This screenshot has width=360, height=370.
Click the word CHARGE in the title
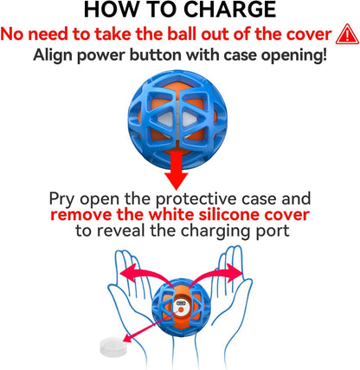tap(229, 10)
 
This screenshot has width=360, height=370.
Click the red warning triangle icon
tap(347, 34)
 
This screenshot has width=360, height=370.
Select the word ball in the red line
tap(183, 35)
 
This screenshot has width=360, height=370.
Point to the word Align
tap(53, 55)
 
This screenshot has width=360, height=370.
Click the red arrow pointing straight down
tap(177, 170)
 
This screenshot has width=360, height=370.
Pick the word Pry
tap(62, 199)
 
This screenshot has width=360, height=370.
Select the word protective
tap(197, 199)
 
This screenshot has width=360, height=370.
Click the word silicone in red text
tap(230, 215)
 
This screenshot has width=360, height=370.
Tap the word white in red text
tap(172, 215)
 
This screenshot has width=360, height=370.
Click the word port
tap(273, 232)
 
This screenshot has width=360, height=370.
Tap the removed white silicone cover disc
tap(113, 347)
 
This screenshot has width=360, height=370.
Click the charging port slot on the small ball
tap(182, 303)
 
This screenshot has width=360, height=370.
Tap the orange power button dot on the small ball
tap(181, 309)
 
